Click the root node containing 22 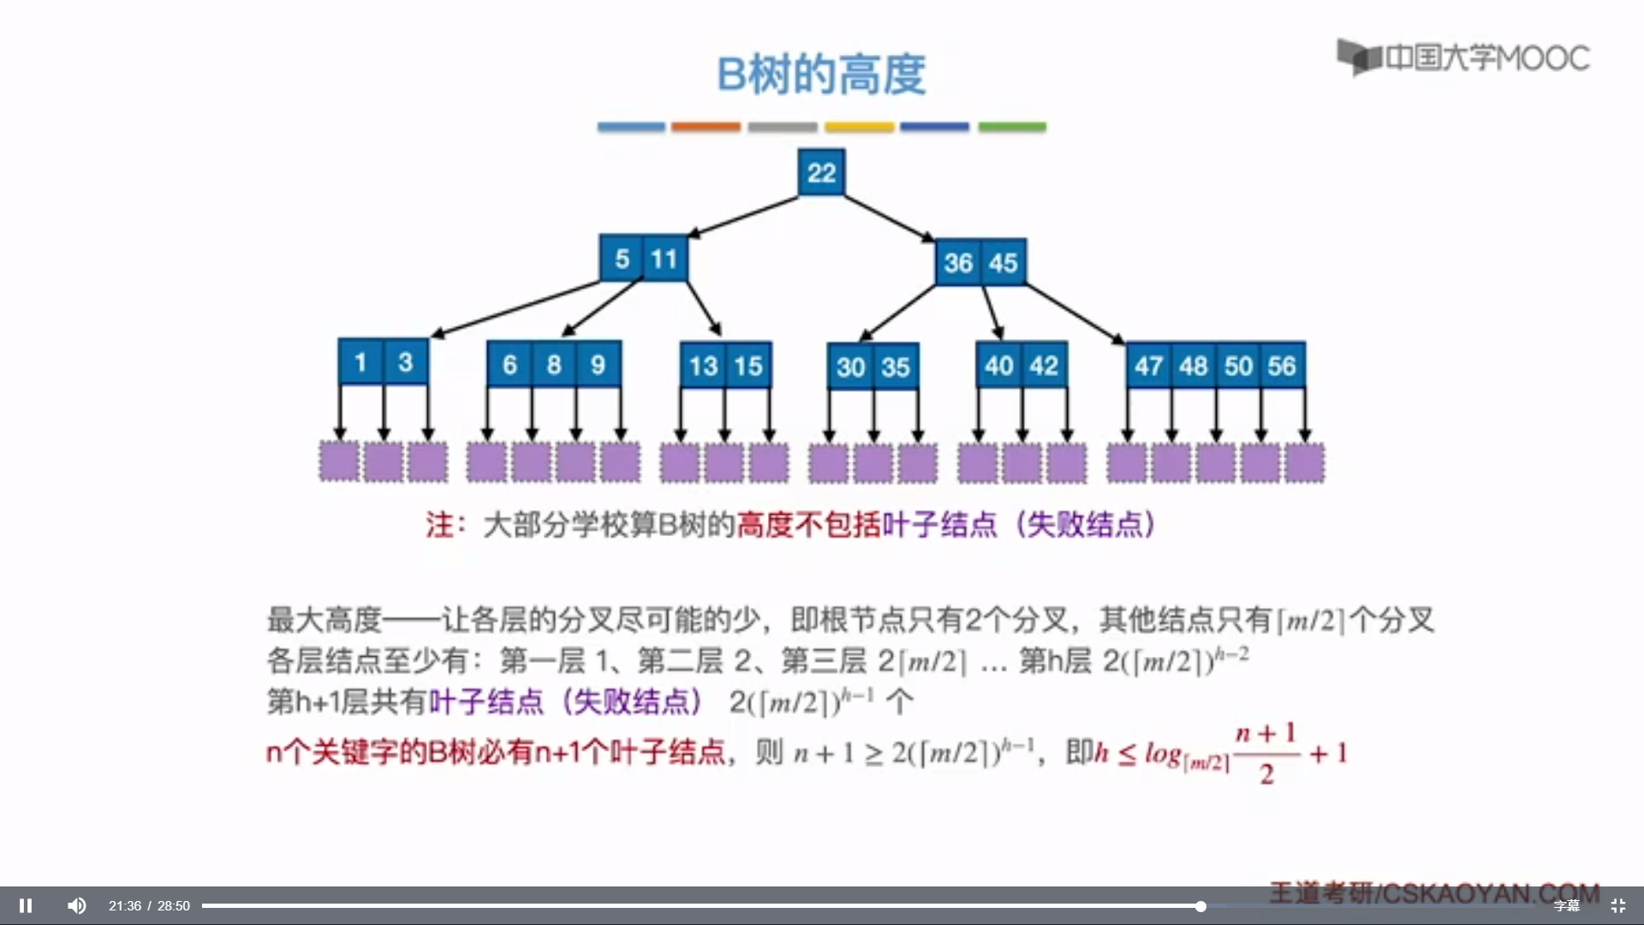tap(821, 172)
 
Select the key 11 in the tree tap(664, 258)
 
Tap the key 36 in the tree tap(958, 262)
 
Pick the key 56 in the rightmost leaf tap(1282, 366)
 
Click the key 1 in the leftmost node tap(360, 362)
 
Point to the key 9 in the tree tap(598, 365)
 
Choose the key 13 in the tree tap(703, 366)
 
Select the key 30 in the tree tap(850, 367)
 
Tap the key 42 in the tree tap(1044, 366)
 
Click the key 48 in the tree tap(1193, 366)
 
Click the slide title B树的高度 tap(821, 75)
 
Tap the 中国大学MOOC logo tap(1463, 57)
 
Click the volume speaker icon tap(77, 905)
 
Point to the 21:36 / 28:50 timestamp tap(149, 906)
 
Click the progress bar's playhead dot tap(1200, 906)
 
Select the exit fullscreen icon tap(1617, 905)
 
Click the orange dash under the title tap(706, 127)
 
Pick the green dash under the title tap(1012, 127)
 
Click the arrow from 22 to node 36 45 tap(889, 218)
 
